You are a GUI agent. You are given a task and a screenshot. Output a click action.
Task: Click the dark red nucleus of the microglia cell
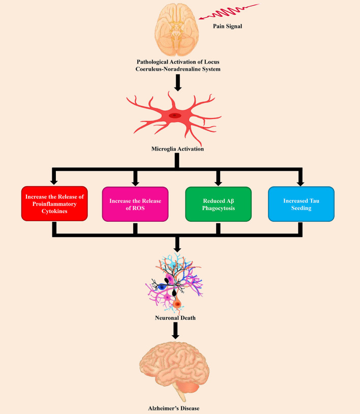175,115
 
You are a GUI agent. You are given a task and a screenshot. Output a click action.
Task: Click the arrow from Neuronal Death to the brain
176,331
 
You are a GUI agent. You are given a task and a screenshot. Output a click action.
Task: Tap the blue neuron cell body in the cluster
162,286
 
